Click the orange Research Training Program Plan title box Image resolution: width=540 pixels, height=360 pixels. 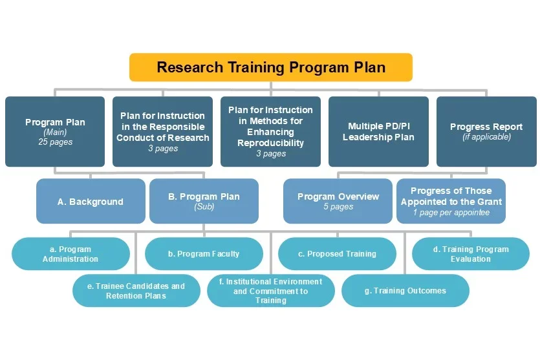tap(270, 67)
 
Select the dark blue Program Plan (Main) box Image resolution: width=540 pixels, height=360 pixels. tap(55, 132)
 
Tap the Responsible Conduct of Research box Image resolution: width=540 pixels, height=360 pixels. tap(163, 132)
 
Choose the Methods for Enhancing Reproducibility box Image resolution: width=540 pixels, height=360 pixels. tap(270, 132)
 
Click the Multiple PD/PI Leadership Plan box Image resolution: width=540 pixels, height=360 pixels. tap(378, 132)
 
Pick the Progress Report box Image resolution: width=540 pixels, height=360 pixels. tap(486, 132)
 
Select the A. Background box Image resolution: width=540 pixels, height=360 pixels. tap(91, 202)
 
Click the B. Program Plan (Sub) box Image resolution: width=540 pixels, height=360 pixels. tap(204, 202)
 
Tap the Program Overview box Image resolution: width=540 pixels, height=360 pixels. tap(338, 202)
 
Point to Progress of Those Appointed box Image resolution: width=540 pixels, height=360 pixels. tap(451, 202)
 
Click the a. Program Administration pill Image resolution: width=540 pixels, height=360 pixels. tap(70, 254)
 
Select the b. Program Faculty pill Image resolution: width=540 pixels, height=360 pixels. tap(204, 254)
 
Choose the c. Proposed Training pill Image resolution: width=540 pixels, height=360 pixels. tap(337, 254)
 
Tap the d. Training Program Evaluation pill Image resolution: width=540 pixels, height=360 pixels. tap(470, 254)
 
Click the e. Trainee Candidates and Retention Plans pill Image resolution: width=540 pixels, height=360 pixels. tap(136, 291)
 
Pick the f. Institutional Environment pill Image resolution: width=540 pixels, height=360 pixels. tap(270, 291)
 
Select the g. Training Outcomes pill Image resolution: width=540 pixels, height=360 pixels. tap(405, 291)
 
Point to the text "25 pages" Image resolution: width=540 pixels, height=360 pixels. tap(55, 142)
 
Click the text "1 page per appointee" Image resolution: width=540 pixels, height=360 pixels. tap(451, 213)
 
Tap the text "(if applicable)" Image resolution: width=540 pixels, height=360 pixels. tap(486, 137)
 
